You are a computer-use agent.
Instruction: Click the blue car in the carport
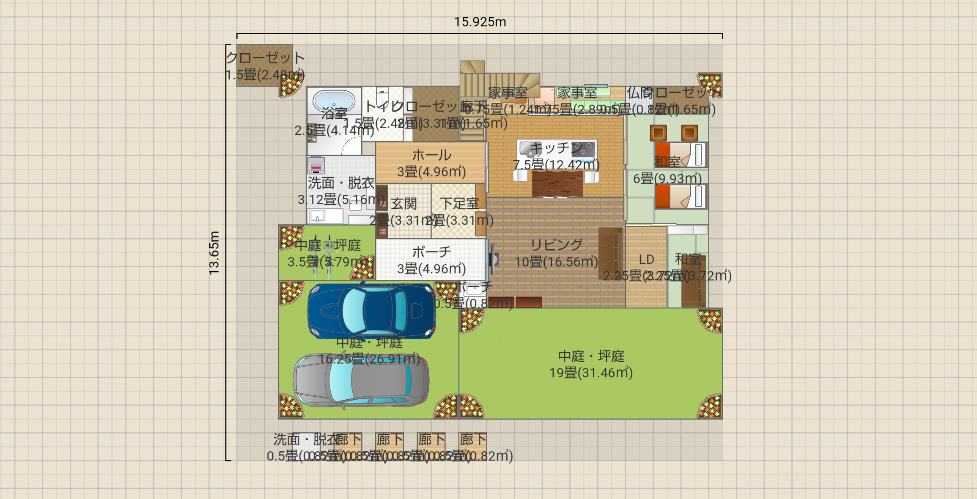click(371, 311)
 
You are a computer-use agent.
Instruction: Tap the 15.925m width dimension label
click(480, 22)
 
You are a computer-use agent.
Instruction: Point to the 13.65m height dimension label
click(214, 253)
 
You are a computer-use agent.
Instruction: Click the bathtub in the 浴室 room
click(334, 101)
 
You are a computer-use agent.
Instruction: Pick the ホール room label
click(431, 155)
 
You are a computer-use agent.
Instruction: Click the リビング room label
click(556, 245)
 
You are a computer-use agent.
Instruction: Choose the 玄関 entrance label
click(403, 204)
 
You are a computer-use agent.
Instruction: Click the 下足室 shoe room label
click(459, 204)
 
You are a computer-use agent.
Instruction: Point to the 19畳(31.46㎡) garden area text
click(591, 373)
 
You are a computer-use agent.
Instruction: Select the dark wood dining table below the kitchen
click(557, 185)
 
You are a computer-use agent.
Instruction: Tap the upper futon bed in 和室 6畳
click(681, 155)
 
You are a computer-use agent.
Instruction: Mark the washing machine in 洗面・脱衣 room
click(316, 165)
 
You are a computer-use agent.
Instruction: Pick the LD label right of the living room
click(646, 259)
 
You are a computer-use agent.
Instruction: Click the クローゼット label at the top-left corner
click(265, 58)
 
